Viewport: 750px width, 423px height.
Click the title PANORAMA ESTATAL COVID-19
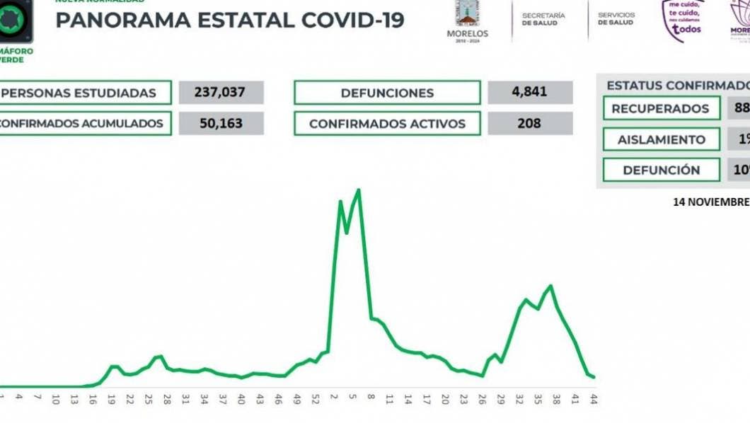coord(230,20)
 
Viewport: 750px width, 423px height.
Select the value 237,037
coord(221,93)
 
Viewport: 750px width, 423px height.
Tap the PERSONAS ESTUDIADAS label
coord(85,93)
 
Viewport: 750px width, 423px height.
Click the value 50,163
coord(221,123)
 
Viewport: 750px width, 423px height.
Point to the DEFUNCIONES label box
coord(387,93)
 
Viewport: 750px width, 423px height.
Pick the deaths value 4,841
coord(529,93)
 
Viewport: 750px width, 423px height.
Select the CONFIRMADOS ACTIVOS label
coord(387,124)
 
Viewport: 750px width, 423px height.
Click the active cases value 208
coord(529,123)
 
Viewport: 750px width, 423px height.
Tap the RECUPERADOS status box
coord(660,108)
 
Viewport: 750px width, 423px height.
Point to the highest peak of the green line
coord(359,190)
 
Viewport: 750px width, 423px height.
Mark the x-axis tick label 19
coord(112,398)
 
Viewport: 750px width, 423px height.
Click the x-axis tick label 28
coord(166,398)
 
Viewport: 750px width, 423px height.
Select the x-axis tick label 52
coord(314,398)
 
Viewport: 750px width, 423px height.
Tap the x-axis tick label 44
coord(594,398)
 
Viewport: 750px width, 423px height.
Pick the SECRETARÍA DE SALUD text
coord(543,19)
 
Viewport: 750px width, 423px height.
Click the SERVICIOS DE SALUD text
coord(616,19)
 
